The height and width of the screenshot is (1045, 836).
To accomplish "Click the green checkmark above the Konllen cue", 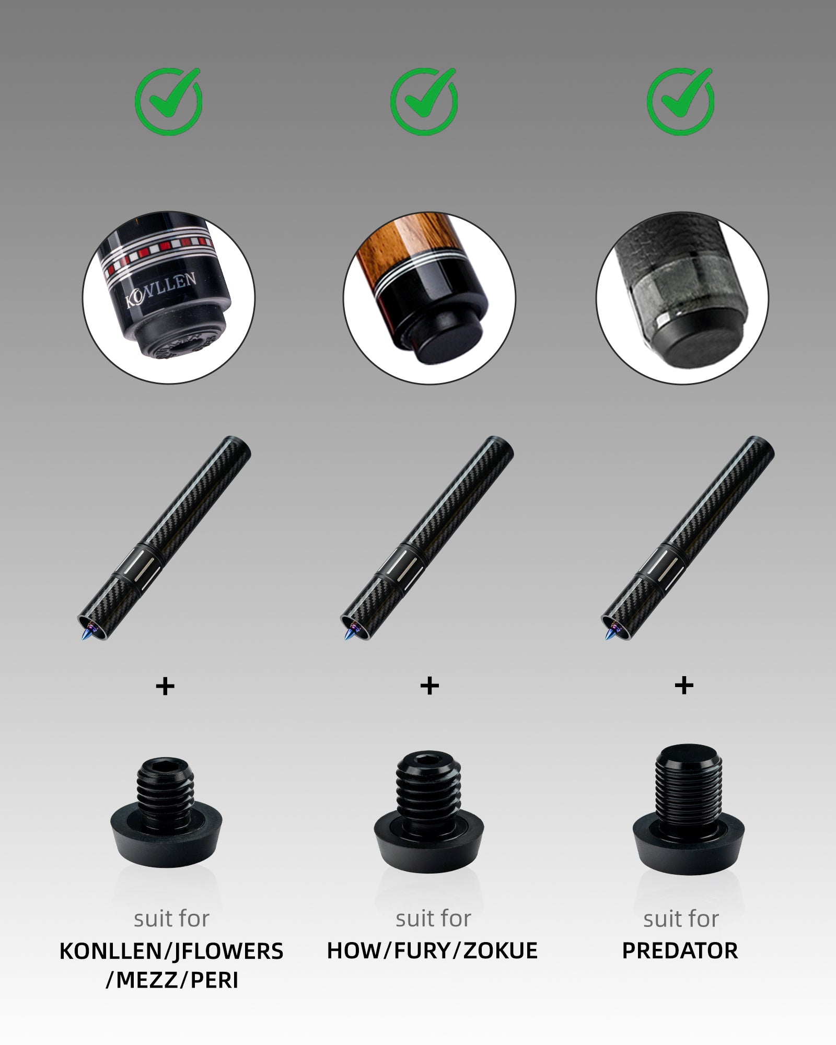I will coord(169,101).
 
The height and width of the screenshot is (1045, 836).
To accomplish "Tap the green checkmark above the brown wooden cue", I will coord(424,101).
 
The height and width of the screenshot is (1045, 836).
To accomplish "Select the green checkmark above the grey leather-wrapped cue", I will coord(680,101).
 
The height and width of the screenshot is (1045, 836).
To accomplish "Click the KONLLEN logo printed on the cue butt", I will coord(161,289).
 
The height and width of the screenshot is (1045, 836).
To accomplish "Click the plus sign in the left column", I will coord(165,686).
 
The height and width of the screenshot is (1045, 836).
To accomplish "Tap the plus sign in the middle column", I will coord(429,686).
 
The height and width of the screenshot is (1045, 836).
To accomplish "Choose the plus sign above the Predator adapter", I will coord(684,686).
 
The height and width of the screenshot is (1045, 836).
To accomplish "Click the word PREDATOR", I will coord(680,950).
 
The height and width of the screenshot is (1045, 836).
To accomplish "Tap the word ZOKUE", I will coord(500,950).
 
